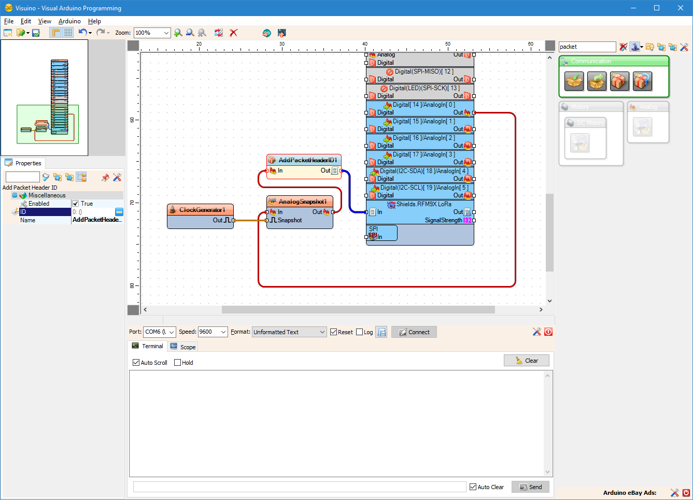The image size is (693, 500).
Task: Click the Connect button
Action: [414, 332]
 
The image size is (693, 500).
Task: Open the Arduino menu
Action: [69, 21]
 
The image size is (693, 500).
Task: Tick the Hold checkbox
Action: [178, 363]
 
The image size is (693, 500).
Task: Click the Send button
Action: [530, 487]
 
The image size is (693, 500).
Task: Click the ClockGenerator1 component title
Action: [202, 210]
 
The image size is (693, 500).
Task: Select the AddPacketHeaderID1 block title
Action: [307, 160]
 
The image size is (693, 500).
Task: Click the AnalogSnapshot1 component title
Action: [302, 202]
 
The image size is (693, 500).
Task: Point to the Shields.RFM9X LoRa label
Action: [423, 204]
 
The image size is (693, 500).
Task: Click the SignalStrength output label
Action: [443, 220]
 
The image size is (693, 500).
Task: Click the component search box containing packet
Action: [587, 47]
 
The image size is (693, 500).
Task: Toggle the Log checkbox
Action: [360, 332]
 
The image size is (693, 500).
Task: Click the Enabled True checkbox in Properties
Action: [76, 204]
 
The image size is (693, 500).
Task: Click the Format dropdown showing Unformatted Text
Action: [289, 332]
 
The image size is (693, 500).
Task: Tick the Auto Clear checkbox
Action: [473, 487]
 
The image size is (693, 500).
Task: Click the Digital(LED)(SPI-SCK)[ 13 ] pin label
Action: [424, 88]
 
